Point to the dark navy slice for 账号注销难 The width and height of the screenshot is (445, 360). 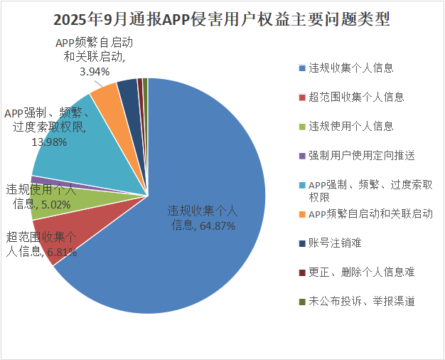[128, 88]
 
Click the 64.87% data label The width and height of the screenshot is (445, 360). [202, 218]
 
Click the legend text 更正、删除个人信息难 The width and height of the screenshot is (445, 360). [361, 272]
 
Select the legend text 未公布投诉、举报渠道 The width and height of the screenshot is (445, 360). [361, 301]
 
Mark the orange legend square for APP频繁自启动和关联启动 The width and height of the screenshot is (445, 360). [302, 213]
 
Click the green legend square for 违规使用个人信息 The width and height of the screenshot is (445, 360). [302, 126]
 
